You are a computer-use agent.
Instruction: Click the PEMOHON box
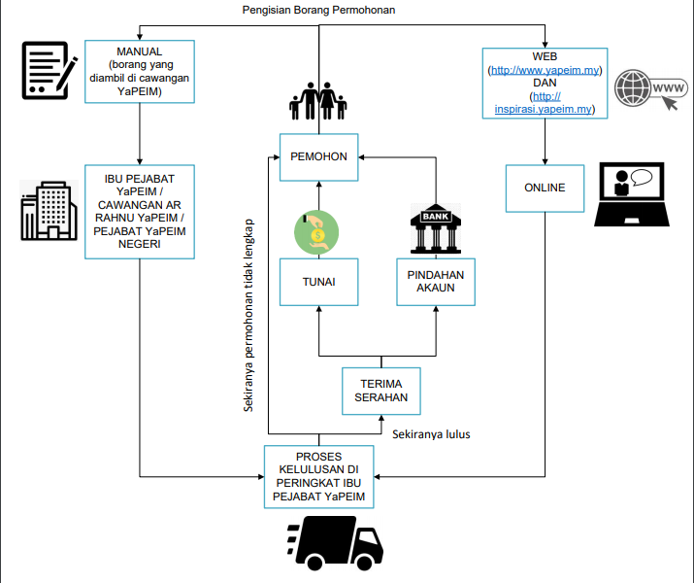[319, 156]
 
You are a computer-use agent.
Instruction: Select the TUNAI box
[319, 282]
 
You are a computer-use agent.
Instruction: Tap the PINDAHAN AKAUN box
[436, 282]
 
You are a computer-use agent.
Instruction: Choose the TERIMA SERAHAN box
[380, 391]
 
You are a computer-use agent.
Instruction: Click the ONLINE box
[545, 188]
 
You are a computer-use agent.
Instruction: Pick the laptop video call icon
[631, 194]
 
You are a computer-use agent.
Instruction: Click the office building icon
[49, 209]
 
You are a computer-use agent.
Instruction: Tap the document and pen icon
[49, 70]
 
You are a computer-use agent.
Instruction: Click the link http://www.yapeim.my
[544, 71]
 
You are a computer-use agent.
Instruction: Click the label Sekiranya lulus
[431, 434]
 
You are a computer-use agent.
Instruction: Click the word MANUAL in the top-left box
[139, 51]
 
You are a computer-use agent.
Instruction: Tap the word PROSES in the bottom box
[319, 457]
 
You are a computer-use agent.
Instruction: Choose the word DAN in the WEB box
[545, 84]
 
